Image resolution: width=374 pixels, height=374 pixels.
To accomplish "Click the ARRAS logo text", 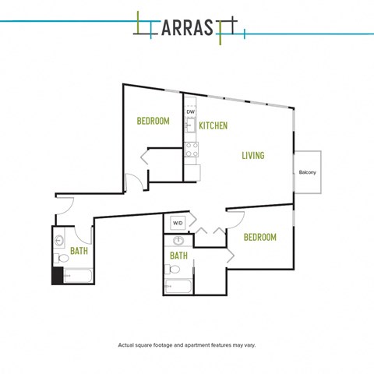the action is click(x=187, y=27).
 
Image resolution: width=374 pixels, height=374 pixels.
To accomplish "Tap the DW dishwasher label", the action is click(x=191, y=112).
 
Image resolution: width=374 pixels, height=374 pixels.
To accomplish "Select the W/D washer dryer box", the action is click(x=178, y=223).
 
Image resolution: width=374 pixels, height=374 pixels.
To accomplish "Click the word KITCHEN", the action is click(x=213, y=125).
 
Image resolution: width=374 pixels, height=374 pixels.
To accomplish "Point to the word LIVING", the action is click(x=253, y=155).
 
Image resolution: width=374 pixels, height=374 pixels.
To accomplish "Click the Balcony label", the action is click(x=307, y=172).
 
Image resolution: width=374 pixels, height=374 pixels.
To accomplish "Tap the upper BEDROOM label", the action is click(x=153, y=121).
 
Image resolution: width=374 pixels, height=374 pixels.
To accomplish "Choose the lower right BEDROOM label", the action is click(x=260, y=237).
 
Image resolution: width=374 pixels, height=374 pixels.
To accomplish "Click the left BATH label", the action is click(x=79, y=251).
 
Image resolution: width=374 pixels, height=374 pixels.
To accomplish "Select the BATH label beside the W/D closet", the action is click(x=178, y=256).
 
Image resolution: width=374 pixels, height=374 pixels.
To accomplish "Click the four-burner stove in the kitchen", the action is click(x=192, y=150).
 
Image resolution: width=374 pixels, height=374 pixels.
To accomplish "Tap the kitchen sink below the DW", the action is click(x=191, y=125).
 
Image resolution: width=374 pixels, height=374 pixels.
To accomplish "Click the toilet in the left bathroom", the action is click(x=62, y=258).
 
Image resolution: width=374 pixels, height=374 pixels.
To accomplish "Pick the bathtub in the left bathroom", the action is click(x=78, y=275).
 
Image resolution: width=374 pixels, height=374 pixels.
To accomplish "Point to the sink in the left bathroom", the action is click(x=59, y=241).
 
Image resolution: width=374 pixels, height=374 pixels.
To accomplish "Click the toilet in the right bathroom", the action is click(x=172, y=270).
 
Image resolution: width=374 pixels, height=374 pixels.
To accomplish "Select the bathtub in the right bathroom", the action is click(x=178, y=286).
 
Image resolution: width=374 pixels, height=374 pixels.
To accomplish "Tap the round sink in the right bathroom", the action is click(x=178, y=241).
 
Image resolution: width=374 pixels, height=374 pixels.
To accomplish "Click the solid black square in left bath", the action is click(x=58, y=275).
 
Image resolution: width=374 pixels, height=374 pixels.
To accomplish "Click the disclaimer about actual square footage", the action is click(x=187, y=345).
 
